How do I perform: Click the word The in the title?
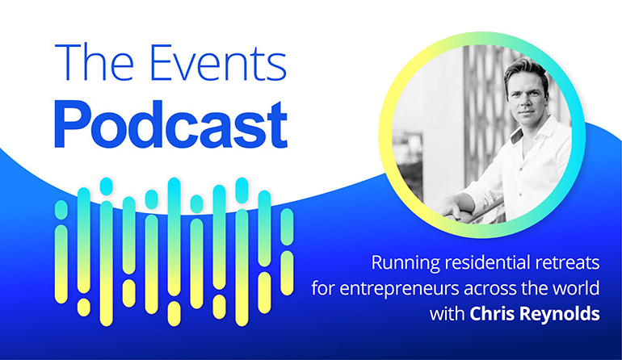click(x=94, y=62)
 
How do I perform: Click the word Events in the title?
click(x=219, y=63)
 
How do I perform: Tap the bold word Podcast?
click(x=170, y=124)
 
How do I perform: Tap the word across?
click(x=490, y=290)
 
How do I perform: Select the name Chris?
click(x=491, y=314)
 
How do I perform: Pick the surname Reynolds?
click(x=559, y=315)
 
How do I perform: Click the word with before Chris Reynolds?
click(x=447, y=314)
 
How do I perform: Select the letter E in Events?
click(x=162, y=63)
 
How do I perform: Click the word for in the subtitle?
click(x=323, y=288)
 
